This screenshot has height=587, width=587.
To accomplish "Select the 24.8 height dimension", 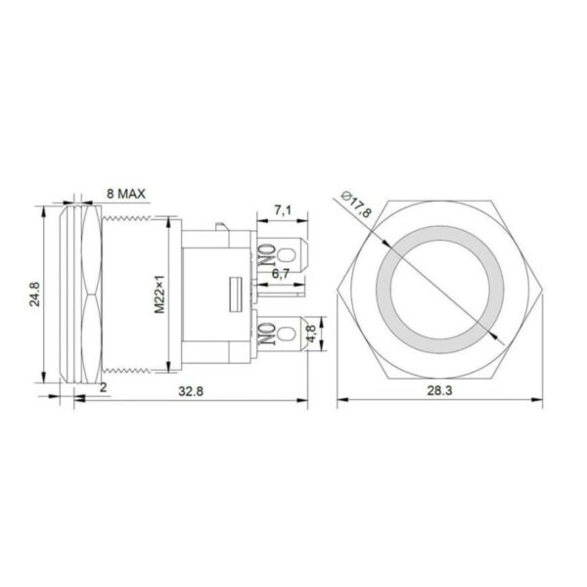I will [34, 293].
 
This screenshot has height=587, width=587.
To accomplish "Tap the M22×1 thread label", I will [159, 293].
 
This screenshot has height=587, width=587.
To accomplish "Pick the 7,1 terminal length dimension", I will [280, 209].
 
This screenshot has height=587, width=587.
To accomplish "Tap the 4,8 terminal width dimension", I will [312, 334].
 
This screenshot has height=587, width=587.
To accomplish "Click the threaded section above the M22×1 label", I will [147, 235].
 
